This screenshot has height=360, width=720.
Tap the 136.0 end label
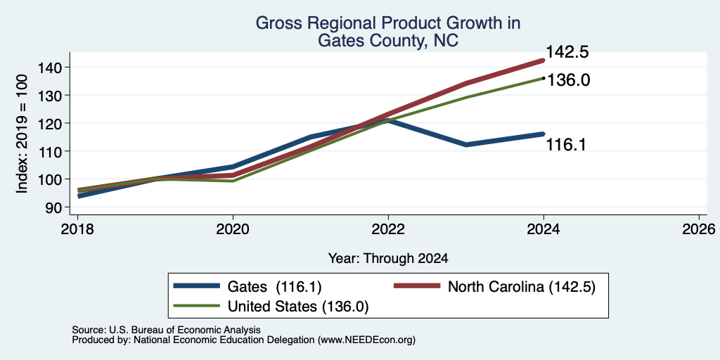(568, 80)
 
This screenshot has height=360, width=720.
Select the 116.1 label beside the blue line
(566, 145)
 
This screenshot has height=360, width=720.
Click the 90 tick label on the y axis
(60, 207)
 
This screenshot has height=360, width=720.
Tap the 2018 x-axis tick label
(77, 229)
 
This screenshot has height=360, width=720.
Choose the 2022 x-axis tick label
(388, 229)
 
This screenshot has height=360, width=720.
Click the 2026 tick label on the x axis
(699, 229)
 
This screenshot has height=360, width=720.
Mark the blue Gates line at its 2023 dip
(466, 145)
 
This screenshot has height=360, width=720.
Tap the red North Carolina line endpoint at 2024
(544, 60)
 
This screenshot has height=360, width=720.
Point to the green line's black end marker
(544, 78)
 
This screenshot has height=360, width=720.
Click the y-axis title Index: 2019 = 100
(22, 134)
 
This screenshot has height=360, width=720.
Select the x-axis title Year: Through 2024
(388, 259)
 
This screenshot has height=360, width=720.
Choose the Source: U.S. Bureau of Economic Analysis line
(166, 330)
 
